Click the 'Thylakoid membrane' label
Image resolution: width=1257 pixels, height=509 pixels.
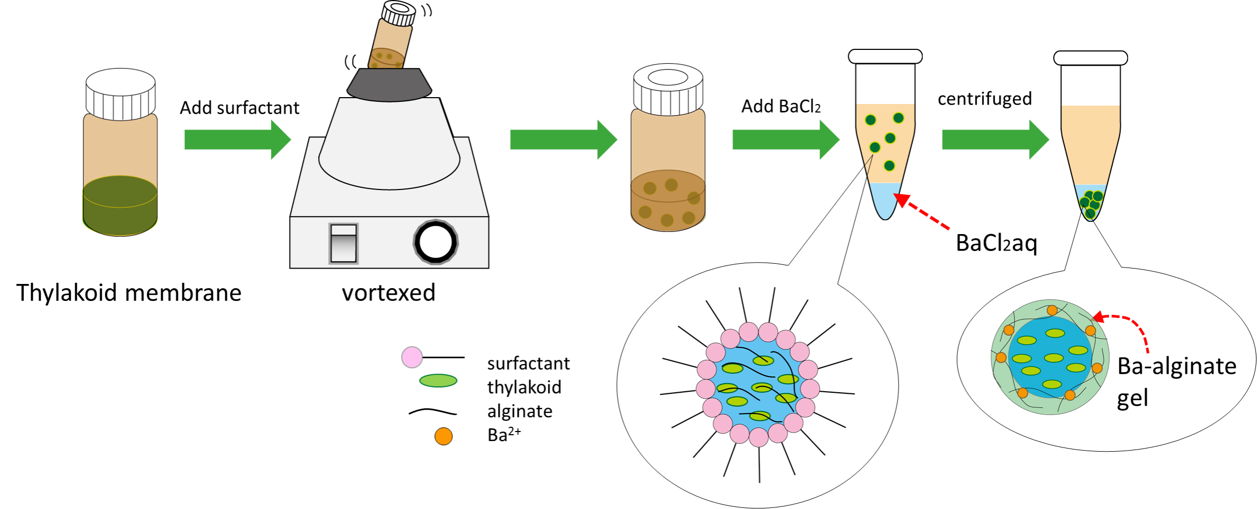[129, 293]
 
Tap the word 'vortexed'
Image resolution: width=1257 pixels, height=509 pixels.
[388, 293]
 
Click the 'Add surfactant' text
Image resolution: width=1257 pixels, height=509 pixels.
[239, 108]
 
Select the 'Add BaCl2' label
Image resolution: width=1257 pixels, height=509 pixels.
[781, 107]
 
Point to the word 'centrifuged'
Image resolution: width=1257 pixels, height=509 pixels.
[984, 99]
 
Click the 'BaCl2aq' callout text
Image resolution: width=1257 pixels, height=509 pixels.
[996, 243]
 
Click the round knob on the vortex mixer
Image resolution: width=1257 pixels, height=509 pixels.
[435, 242]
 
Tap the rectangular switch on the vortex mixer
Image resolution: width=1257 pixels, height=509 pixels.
[343, 243]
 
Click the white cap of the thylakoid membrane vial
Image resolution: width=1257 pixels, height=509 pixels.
[121, 94]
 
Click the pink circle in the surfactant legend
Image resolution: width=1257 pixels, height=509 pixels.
[412, 357]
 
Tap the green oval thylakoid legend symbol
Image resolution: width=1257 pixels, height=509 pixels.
[438, 381]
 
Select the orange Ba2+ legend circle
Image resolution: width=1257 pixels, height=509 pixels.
[443, 436]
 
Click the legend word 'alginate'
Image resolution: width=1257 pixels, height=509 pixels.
[520, 411]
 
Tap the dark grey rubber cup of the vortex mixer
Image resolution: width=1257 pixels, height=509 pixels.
[389, 84]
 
